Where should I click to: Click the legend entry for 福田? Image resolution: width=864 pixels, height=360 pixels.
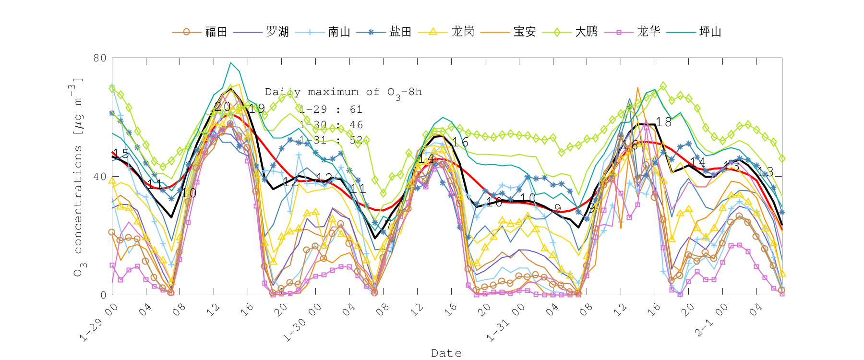pyautogui.click(x=216, y=32)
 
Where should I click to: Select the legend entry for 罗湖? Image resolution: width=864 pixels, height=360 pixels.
pyautogui.click(x=277, y=32)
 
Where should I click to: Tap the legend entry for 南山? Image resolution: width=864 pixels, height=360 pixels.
pyautogui.click(x=339, y=32)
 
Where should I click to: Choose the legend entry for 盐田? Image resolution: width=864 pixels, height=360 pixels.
pyautogui.click(x=400, y=32)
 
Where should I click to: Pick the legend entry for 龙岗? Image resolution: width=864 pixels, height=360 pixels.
pyautogui.click(x=462, y=32)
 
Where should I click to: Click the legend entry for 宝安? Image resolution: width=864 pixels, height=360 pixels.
pyautogui.click(x=524, y=32)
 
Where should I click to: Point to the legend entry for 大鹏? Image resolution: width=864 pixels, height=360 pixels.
pyautogui.click(x=586, y=32)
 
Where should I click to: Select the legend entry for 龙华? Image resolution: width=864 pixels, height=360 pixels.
pyautogui.click(x=648, y=32)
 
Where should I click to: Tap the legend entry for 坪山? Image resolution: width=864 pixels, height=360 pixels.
pyautogui.click(x=710, y=32)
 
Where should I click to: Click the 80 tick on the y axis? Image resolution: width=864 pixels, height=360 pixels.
pyautogui.click(x=100, y=58)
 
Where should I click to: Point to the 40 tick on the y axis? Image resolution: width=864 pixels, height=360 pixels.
pyautogui.click(x=100, y=177)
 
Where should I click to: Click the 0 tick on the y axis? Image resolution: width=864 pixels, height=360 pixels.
pyautogui.click(x=103, y=295)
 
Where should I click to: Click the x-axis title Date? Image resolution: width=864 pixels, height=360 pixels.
pyautogui.click(x=446, y=353)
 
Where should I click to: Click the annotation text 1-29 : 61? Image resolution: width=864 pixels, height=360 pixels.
pyautogui.click(x=331, y=109)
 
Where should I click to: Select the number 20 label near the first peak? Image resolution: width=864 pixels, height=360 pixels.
pyautogui.click(x=222, y=107)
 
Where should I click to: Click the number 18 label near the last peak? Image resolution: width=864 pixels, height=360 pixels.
pyautogui.click(x=664, y=122)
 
